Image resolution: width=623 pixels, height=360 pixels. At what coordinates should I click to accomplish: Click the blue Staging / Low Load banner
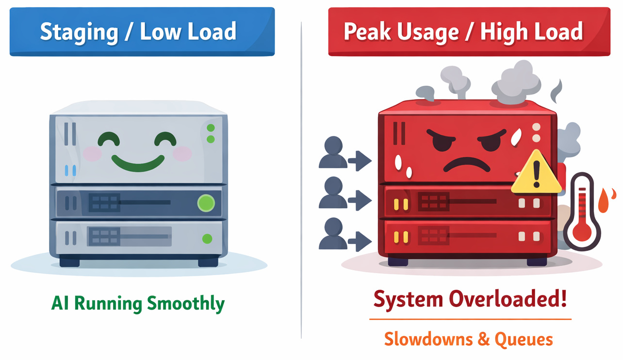(142, 32)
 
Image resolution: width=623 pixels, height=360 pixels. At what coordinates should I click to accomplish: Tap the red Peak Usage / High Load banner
(469, 32)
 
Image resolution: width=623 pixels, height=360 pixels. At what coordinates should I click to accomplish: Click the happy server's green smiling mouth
(138, 163)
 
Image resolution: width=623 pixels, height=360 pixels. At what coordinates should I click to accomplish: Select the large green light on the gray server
(206, 203)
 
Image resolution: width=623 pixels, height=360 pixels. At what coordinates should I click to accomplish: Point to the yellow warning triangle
(536, 173)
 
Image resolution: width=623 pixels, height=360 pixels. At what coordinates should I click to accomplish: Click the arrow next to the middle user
(363, 199)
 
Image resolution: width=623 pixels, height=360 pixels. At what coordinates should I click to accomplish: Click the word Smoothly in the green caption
(186, 304)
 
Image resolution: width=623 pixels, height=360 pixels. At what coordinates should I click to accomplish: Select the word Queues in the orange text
(524, 339)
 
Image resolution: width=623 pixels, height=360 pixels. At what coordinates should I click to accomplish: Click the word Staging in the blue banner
(79, 32)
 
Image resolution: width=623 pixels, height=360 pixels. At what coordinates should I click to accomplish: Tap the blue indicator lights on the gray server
(70, 170)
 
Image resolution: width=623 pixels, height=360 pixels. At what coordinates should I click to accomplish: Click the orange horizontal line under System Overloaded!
(470, 319)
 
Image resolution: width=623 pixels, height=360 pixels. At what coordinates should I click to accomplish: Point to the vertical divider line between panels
(301, 180)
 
